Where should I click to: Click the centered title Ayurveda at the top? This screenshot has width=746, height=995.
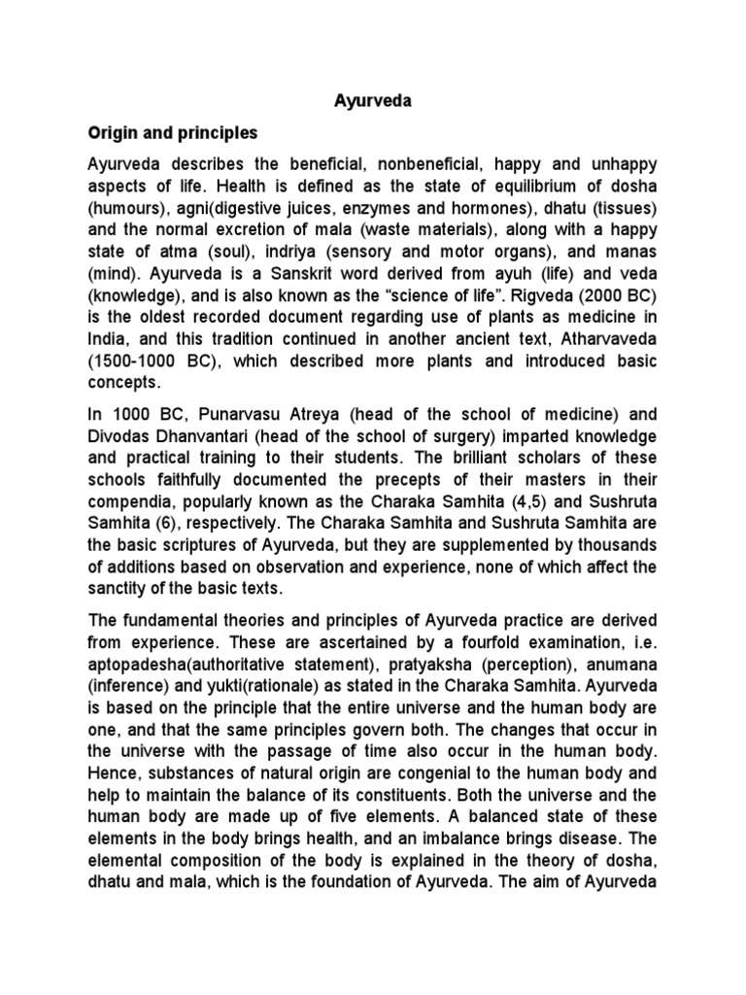point(372,100)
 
